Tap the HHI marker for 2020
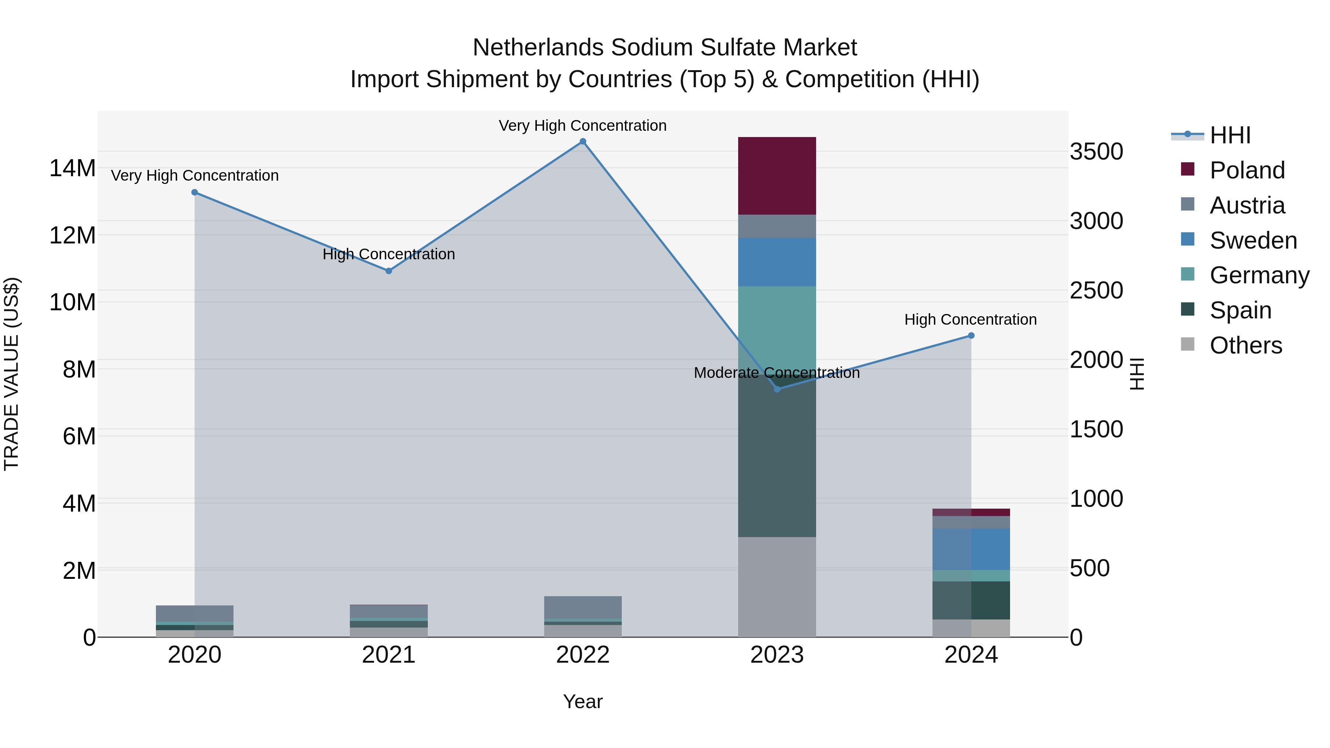coord(195,192)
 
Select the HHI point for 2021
coord(389,271)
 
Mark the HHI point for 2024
coord(971,335)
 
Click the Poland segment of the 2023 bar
coord(777,175)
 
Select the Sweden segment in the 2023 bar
coord(777,262)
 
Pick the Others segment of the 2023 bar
coord(777,587)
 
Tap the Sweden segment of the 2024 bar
coord(971,549)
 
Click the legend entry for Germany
coord(1259,275)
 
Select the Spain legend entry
coord(1240,310)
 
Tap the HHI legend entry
coord(1230,135)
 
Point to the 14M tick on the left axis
coord(72,168)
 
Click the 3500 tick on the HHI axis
coord(1096,152)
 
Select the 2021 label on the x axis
coord(389,655)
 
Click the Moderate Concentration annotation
coord(777,373)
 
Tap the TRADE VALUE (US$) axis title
coord(11,374)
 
